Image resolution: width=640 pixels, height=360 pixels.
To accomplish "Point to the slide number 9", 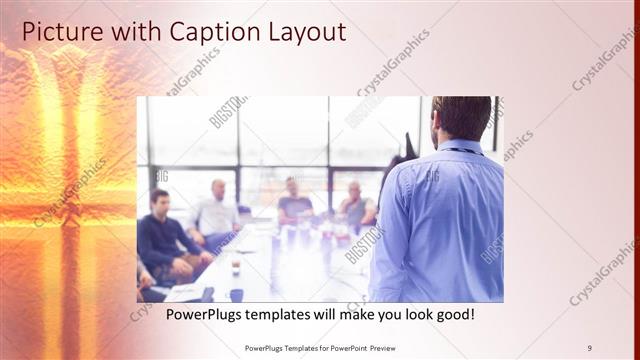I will [589, 347].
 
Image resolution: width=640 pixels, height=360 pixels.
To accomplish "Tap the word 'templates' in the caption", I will [282, 315].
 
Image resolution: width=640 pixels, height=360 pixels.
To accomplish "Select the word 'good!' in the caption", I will [451, 315].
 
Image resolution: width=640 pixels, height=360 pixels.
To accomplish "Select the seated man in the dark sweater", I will [163, 235].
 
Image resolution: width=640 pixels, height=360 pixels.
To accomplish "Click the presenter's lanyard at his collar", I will [461, 151].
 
